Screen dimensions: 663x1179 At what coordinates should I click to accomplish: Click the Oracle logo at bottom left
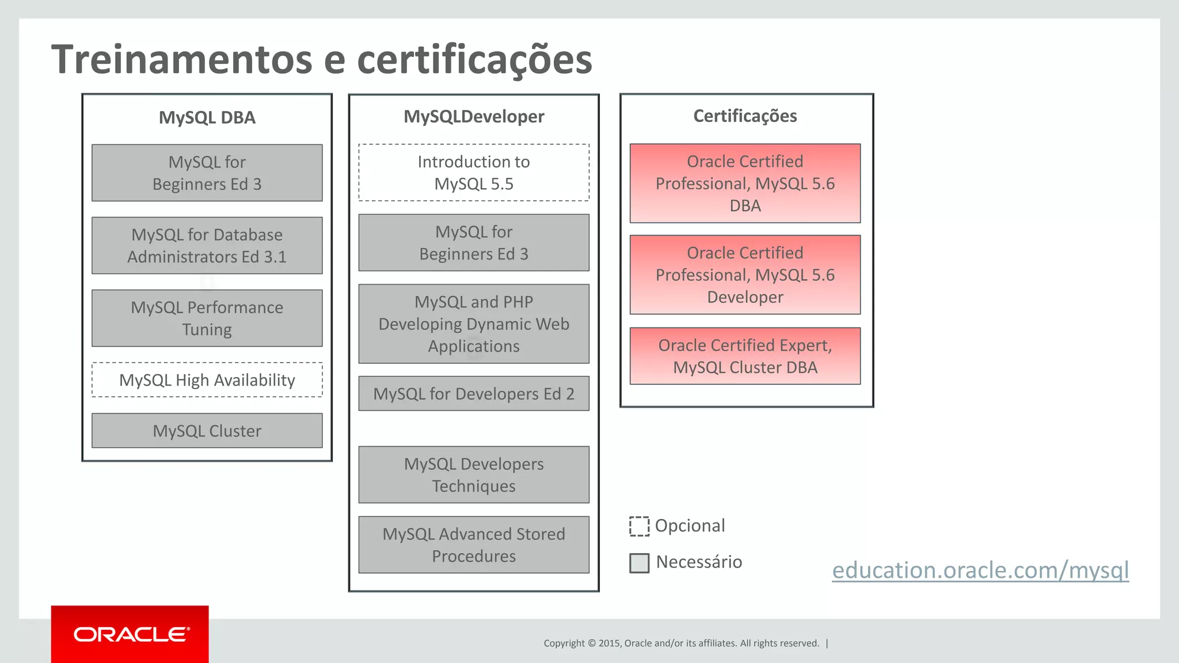[x=130, y=634]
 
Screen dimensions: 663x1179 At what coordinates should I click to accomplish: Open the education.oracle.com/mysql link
[x=980, y=570]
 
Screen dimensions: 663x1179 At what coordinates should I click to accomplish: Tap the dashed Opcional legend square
[x=639, y=526]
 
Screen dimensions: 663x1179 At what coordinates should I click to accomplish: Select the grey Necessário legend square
[x=639, y=563]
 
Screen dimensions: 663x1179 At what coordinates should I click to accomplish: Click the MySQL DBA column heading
[x=207, y=117]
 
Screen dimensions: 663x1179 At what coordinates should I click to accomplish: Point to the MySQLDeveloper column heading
[x=474, y=116]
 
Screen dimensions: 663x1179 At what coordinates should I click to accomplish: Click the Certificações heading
[x=745, y=116]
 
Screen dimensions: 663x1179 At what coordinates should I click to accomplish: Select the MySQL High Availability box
[x=207, y=380]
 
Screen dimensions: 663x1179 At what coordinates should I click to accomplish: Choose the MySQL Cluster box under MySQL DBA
[x=207, y=430]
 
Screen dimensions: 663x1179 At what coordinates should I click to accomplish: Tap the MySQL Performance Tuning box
[x=207, y=318]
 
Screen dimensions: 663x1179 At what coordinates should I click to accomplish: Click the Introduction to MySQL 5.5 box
[x=474, y=173]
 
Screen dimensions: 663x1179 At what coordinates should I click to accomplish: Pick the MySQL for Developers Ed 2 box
[x=474, y=394]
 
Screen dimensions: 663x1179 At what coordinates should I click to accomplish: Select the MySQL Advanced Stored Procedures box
[x=474, y=544]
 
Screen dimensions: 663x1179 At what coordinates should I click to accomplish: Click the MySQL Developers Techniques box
[x=474, y=475]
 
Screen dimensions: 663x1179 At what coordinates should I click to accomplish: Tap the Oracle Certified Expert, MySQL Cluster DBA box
[x=745, y=356]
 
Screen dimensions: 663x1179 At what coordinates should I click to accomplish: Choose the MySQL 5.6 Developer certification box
[x=745, y=275]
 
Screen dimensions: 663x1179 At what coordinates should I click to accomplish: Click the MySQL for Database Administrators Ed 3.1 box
[x=207, y=246]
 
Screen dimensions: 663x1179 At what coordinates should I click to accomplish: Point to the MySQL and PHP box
[x=474, y=324]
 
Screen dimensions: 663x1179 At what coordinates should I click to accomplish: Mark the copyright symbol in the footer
[x=592, y=643]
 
